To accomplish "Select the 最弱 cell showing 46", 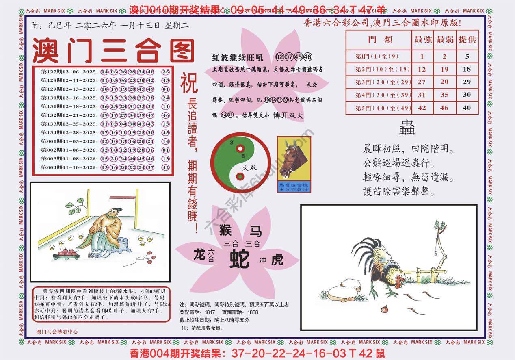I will (x=444, y=108).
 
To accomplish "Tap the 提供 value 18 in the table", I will (x=467, y=69).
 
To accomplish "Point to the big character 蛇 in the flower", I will (x=240, y=259).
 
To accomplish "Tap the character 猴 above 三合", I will (x=225, y=230).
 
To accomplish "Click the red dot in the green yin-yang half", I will (x=240, y=149).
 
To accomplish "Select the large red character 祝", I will (x=189, y=83).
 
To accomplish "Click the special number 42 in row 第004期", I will (x=165, y=167).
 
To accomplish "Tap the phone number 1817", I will (x=210, y=312).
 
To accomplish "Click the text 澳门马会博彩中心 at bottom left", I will (x=57, y=332).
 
